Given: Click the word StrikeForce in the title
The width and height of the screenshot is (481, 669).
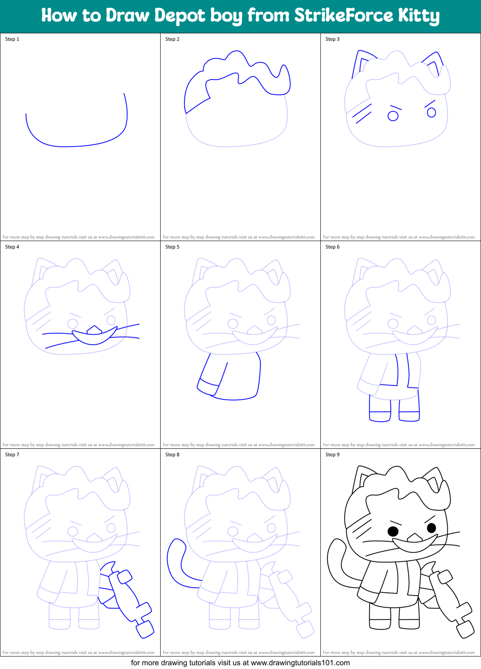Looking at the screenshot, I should click(x=343, y=16).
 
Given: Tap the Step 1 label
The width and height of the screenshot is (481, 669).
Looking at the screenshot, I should click(x=12, y=39).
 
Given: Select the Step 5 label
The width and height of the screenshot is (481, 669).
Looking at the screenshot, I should click(x=172, y=247).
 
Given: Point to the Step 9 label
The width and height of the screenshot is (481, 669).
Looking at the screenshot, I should click(x=332, y=455).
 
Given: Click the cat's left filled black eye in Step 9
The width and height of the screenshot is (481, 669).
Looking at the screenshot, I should click(x=393, y=531).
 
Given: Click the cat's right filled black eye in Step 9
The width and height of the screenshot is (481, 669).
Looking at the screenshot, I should click(x=431, y=528).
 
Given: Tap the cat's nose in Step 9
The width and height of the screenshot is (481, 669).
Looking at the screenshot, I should click(x=414, y=538).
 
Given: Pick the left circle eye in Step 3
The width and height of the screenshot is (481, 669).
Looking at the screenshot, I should click(x=393, y=116).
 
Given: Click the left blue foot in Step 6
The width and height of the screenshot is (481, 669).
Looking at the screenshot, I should click(x=380, y=416).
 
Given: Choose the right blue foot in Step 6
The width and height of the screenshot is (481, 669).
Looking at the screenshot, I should click(x=409, y=416).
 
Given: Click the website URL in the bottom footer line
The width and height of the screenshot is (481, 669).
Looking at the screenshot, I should click(x=300, y=663).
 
